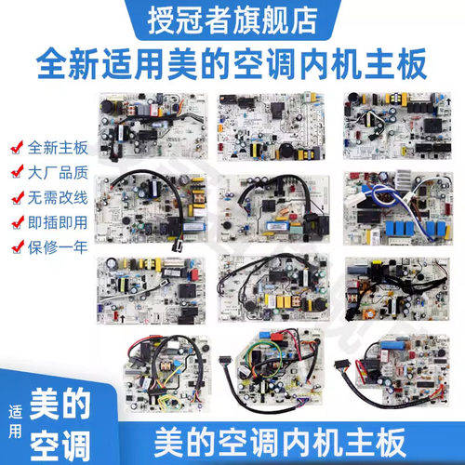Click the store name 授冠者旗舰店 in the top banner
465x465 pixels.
pyautogui.click(x=232, y=18)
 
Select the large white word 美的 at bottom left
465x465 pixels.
pyautogui.click(x=60, y=404)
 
